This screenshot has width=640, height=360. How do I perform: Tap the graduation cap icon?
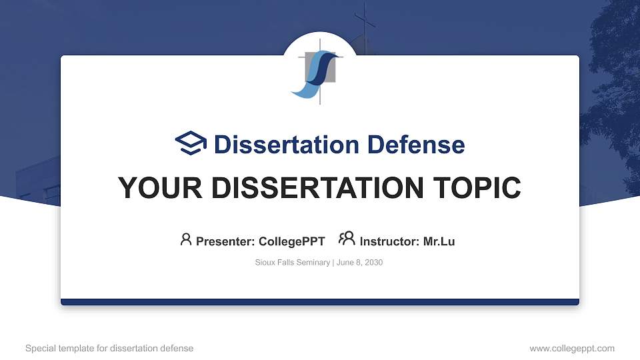pyautogui.click(x=191, y=143)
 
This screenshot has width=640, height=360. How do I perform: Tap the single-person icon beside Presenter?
pyautogui.click(x=186, y=239)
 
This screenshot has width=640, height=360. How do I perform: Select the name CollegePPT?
pyautogui.click(x=291, y=241)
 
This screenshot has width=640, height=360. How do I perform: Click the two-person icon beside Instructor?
pyautogui.click(x=347, y=239)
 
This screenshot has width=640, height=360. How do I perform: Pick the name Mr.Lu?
pyautogui.click(x=439, y=241)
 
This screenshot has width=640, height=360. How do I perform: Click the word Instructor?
pyautogui.click(x=389, y=241)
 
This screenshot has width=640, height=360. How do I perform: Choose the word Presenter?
pyautogui.click(x=225, y=241)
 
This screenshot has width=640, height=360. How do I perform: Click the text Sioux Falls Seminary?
pyautogui.click(x=292, y=263)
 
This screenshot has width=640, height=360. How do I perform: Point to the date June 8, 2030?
pyautogui.click(x=359, y=263)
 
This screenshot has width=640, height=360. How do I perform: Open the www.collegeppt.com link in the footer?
pyautogui.click(x=572, y=348)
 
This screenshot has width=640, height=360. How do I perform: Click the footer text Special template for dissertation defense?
pyautogui.click(x=109, y=348)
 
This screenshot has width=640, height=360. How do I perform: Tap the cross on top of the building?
pyautogui.click(x=364, y=23)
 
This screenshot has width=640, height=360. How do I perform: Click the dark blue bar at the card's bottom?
pyautogui.click(x=320, y=302)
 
